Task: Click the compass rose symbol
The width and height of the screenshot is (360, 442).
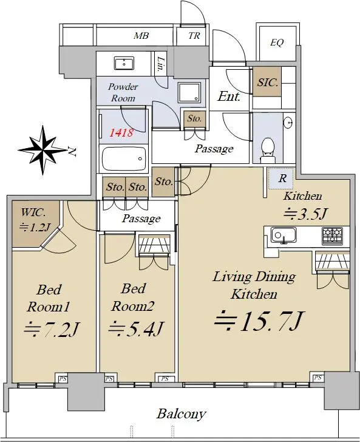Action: click(x=43, y=150)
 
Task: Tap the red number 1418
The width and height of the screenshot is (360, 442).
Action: click(x=121, y=132)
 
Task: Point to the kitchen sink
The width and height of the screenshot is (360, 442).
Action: click(x=284, y=236)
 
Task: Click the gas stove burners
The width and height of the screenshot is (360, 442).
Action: click(x=333, y=236)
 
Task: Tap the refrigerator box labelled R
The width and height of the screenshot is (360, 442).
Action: click(x=281, y=178)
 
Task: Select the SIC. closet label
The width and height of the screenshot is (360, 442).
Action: click(x=268, y=83)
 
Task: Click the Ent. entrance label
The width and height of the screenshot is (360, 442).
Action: click(x=229, y=97)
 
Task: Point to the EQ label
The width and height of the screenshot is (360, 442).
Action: click(x=277, y=42)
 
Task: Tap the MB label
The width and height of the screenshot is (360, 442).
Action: click(x=141, y=36)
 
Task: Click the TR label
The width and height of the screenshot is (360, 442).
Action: click(x=194, y=36)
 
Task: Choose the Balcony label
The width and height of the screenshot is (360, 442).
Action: click(x=182, y=414)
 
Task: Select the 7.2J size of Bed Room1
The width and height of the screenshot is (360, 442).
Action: click(x=51, y=329)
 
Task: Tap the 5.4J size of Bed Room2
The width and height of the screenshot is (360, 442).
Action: click(x=136, y=328)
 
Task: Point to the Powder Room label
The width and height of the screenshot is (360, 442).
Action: click(x=123, y=92)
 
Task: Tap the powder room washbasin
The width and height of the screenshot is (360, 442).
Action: click(x=124, y=63)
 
